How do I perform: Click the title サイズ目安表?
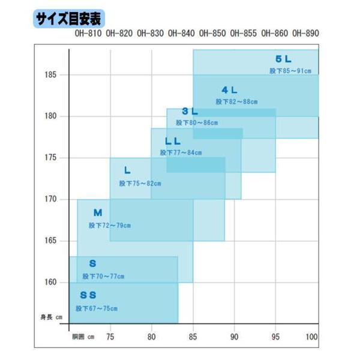point(68,19)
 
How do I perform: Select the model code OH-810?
point(88,34)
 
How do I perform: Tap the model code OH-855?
point(244,34)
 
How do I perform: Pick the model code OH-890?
point(305,34)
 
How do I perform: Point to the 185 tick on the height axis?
point(50,74)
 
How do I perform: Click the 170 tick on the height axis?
point(50,199)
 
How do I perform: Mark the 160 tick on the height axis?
point(50,282)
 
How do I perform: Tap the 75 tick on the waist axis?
point(110,337)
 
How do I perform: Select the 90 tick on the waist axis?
point(234,337)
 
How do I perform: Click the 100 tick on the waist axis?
point(311,337)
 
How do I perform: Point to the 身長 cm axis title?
point(52,317)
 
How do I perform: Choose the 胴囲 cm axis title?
point(83,337)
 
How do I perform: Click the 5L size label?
point(283,59)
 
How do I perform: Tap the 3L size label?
point(190,112)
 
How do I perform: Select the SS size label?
point(88,295)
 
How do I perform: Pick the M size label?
point(98,212)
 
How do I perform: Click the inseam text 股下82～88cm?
point(236,102)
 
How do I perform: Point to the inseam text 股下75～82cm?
point(140,184)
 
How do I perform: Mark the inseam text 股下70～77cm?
point(103,276)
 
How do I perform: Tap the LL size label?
point(173,141)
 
